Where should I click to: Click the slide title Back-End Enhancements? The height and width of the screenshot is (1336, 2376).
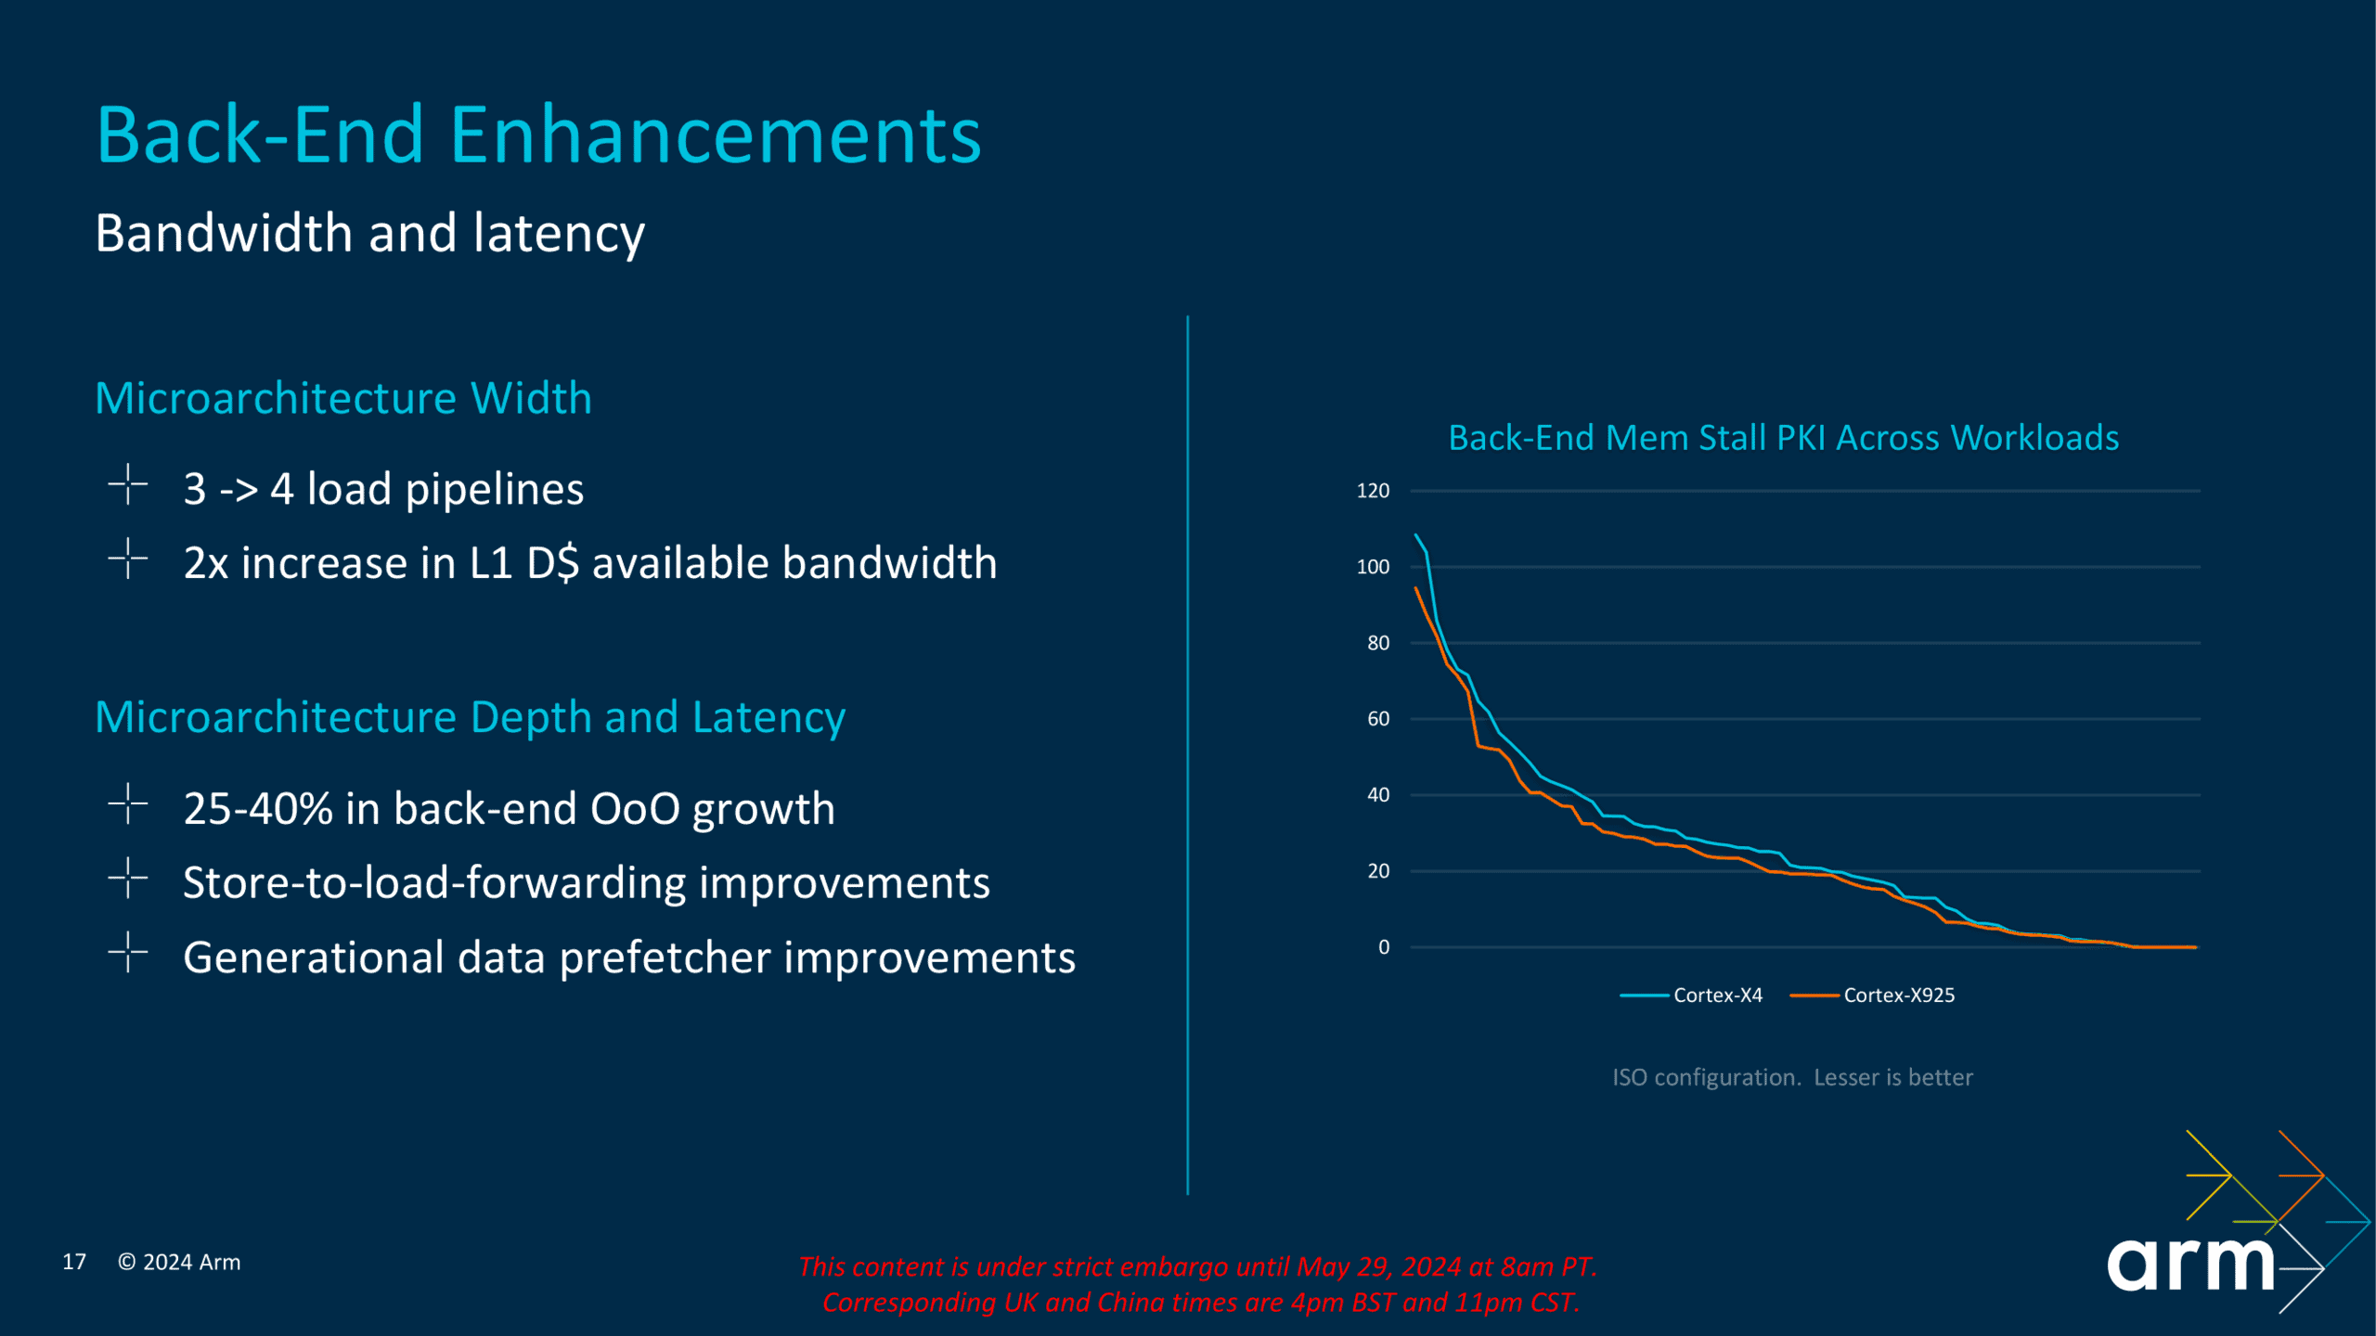click(538, 135)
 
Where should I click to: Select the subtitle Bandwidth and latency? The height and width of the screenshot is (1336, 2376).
click(369, 233)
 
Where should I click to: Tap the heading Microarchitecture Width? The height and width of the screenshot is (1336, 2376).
click(343, 398)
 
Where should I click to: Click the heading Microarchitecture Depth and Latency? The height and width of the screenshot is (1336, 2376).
click(471, 718)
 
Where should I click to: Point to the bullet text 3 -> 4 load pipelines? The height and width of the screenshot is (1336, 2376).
click(383, 489)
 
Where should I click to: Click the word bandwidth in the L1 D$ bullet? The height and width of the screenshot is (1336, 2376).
click(889, 562)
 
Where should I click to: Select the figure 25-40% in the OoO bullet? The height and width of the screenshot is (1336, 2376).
click(258, 808)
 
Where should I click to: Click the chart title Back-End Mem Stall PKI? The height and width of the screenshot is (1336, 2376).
click(1783, 437)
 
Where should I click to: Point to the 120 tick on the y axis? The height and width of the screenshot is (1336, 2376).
click(1373, 491)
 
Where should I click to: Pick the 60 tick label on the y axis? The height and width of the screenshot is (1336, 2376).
click(1378, 719)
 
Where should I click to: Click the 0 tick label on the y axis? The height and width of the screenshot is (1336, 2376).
click(1384, 947)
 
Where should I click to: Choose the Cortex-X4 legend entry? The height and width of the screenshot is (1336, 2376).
click(1691, 996)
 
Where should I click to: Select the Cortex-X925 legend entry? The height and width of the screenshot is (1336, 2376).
click(1872, 996)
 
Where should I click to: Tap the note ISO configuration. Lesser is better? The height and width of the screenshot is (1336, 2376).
click(1792, 1077)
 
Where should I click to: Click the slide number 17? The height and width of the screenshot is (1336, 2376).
click(74, 1262)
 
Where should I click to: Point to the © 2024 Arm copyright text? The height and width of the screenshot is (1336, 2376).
click(179, 1262)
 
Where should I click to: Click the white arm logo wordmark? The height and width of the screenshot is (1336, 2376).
click(2190, 1264)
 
